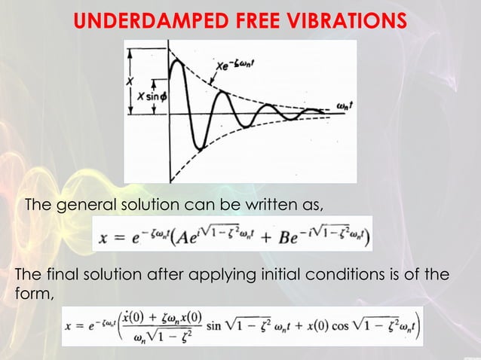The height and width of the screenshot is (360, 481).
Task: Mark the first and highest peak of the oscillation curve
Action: coord(176,62)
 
